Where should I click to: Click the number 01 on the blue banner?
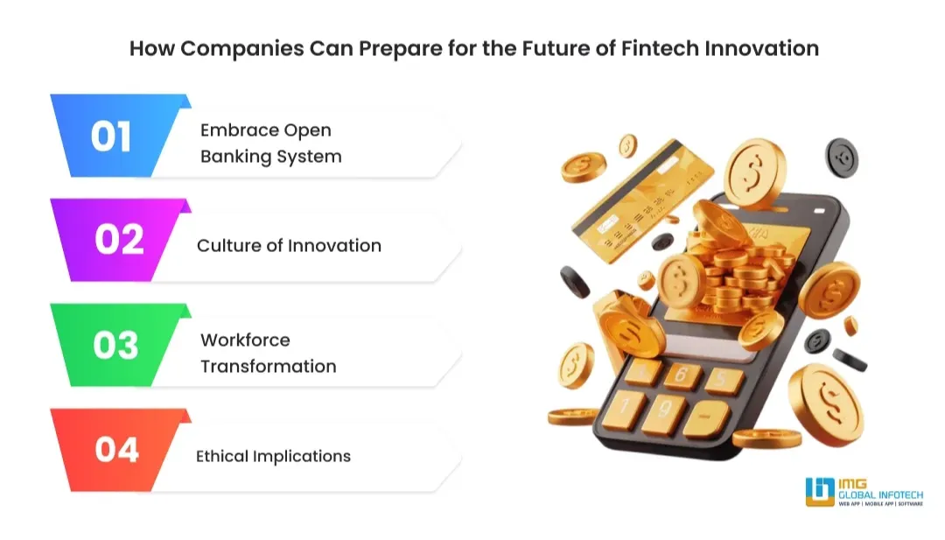(x=111, y=137)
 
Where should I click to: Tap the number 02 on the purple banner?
(x=119, y=240)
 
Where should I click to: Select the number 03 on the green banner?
(x=115, y=345)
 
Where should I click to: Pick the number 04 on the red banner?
(x=116, y=449)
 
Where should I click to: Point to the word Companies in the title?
(x=230, y=48)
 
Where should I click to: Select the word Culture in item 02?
(x=227, y=245)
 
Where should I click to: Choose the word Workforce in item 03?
(x=245, y=340)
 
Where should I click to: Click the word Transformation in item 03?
(x=268, y=366)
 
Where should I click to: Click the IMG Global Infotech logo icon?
(x=820, y=493)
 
